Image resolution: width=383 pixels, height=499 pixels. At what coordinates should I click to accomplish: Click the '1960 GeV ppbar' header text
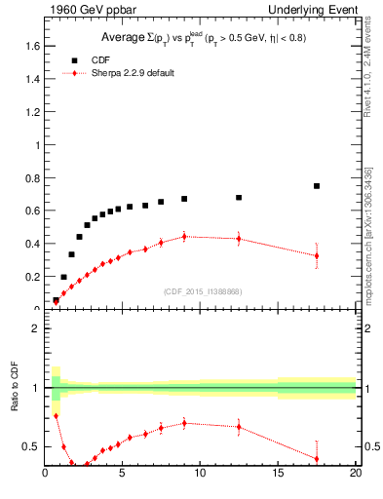pyautogui.click(x=84, y=9)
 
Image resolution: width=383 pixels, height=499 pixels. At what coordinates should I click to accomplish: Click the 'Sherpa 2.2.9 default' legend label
pyautogui.click(x=134, y=73)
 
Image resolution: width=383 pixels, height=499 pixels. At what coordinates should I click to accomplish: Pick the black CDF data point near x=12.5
pyautogui.click(x=239, y=197)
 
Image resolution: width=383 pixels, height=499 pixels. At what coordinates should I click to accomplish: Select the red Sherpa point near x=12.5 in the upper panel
pyautogui.click(x=239, y=239)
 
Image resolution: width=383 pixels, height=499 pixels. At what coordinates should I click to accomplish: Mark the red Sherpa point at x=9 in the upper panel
pyautogui.click(x=184, y=236)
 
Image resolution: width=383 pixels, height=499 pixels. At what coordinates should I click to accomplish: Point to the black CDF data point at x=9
pyautogui.click(x=184, y=199)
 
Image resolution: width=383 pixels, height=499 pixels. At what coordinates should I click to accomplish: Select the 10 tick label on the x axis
pyautogui.click(x=200, y=474)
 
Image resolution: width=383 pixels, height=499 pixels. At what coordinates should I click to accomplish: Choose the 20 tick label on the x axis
pyautogui.click(x=355, y=474)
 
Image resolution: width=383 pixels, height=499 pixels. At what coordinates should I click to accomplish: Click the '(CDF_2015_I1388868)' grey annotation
pyautogui.click(x=201, y=291)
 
